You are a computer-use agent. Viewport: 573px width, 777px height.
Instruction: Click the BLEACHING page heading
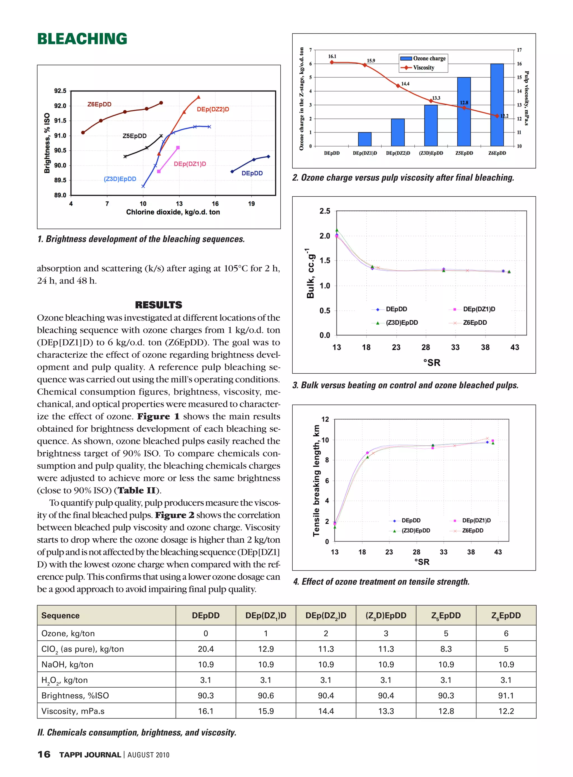82,39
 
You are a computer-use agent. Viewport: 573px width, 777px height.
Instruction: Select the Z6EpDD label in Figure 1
99,104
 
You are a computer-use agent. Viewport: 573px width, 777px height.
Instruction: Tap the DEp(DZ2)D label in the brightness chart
213,109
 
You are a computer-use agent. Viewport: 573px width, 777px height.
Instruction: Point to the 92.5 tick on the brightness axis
60,91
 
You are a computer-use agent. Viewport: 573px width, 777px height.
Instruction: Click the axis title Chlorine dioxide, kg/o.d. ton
173,212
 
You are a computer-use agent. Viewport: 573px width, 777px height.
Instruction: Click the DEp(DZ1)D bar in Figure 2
365,139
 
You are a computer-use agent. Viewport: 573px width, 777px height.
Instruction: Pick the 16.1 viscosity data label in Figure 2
332,56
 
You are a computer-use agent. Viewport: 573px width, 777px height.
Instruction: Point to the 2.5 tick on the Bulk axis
324,211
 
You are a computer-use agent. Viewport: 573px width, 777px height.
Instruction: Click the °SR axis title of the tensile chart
421,562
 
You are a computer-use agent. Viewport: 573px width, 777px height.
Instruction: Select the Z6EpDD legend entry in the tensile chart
472,531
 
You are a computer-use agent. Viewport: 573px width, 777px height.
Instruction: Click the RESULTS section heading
159,305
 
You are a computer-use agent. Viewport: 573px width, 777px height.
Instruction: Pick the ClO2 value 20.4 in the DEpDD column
206,649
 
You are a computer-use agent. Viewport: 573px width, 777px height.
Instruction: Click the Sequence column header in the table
60,616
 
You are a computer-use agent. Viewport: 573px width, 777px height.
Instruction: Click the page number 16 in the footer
44,754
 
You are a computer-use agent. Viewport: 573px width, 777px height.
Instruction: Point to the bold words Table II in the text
137,490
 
